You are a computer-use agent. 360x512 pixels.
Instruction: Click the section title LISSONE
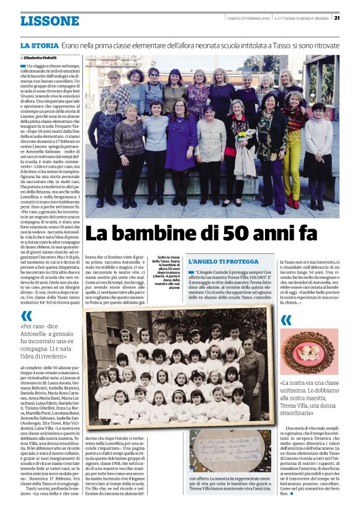(x=49, y=21)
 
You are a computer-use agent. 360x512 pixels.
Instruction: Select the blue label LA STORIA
(x=39, y=46)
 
